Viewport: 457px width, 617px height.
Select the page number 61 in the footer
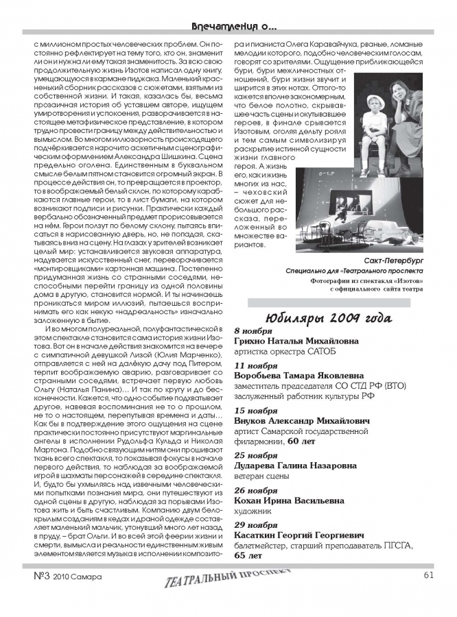pyautogui.click(x=428, y=576)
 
